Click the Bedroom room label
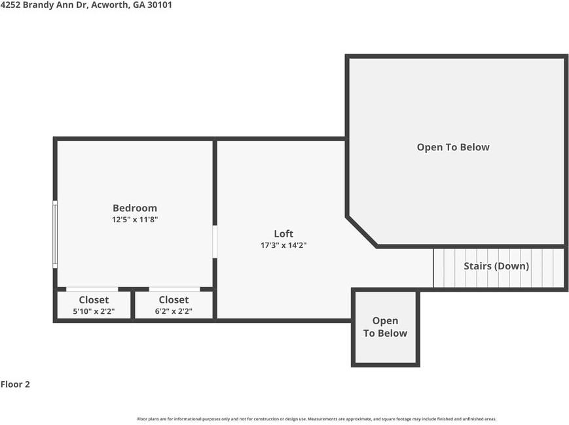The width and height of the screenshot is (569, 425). pos(134,208)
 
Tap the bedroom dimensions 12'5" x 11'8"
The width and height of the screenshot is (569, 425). pos(134,220)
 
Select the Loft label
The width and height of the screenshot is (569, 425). pos(284,233)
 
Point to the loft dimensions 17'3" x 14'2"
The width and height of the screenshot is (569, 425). pos(284,245)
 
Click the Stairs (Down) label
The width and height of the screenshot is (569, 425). pos(496,266)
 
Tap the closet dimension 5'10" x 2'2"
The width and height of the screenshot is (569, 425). pos(94,311)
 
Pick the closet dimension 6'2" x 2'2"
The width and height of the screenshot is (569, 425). pos(174,311)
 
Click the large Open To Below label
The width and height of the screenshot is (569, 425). pos(453,147)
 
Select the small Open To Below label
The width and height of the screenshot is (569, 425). pos(385,327)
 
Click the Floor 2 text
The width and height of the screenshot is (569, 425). pos(15,384)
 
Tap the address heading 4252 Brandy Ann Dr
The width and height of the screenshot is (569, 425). pos(45,5)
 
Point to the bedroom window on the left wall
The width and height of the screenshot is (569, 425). pos(55,234)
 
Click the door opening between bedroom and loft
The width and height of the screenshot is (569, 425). pos(214,241)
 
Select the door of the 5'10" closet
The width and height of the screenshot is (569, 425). pos(92,289)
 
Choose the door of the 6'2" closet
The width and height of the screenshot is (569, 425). pos(174,289)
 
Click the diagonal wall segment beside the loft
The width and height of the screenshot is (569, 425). pos(361,231)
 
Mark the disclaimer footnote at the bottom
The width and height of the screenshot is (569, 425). pos(316,418)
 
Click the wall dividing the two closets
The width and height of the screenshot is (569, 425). pos(133,305)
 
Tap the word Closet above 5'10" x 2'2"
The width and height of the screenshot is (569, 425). pos(94,299)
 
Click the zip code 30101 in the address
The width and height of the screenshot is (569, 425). pos(159,5)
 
